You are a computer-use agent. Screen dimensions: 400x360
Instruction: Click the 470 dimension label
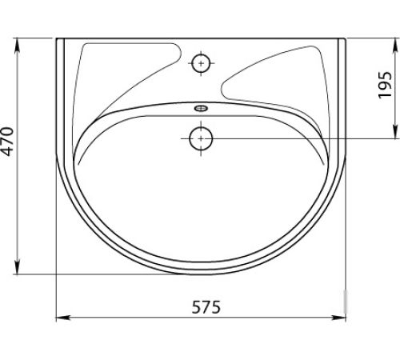(7, 142)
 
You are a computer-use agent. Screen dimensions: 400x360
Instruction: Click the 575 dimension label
(206, 307)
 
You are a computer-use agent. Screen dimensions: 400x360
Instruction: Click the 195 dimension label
(385, 85)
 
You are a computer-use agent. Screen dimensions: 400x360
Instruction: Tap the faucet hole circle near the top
(201, 63)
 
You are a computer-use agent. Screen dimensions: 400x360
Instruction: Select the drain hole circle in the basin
(201, 138)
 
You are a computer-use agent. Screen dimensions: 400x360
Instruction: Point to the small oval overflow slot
(201, 108)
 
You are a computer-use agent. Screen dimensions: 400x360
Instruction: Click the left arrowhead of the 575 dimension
(63, 318)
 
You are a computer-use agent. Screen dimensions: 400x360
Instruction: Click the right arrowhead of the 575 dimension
(338, 318)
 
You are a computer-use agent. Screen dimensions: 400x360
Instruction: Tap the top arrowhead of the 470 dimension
(18, 46)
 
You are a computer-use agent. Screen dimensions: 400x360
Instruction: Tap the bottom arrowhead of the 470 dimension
(18, 267)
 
